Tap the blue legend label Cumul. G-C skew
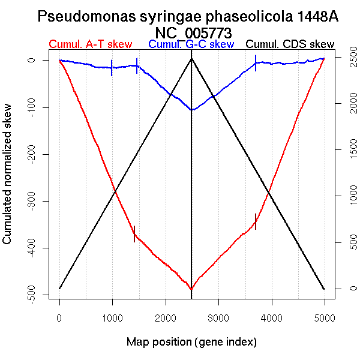191,44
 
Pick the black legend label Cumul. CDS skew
290,44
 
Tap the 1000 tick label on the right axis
346,196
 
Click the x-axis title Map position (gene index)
191,342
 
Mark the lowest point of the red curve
191,289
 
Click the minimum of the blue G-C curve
191,110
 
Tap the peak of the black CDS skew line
191,58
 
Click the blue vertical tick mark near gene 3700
256,63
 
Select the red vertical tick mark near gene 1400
134,233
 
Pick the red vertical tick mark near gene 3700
256,221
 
